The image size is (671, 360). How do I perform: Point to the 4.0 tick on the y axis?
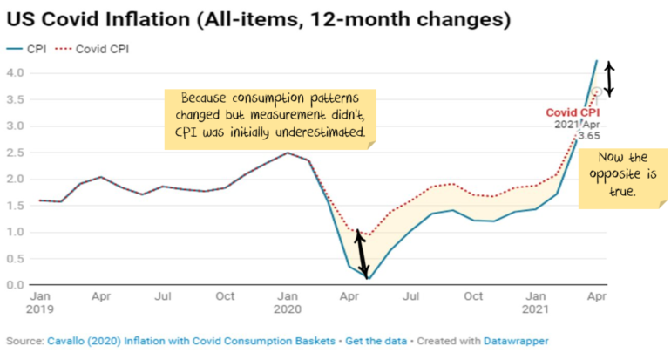pyautogui.click(x=16, y=73)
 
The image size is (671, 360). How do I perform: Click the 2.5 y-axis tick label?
pyautogui.click(x=16, y=153)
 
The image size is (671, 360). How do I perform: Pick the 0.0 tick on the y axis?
pyautogui.click(x=16, y=285)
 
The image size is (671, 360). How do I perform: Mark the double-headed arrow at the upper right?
pyautogui.click(x=610, y=78)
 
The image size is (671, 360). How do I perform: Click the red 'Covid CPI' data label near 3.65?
pyautogui.click(x=573, y=112)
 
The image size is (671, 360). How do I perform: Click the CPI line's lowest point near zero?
pyautogui.click(x=369, y=278)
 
